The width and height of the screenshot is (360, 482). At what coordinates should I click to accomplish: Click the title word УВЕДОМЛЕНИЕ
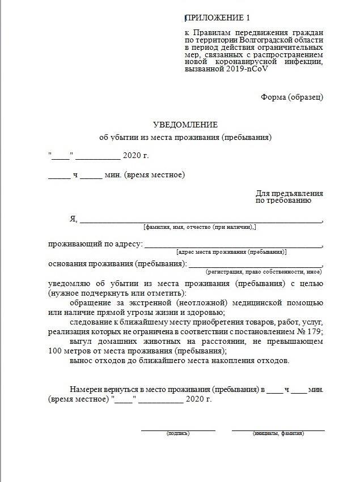(185, 125)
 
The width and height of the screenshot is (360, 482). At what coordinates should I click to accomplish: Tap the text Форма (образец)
(292, 97)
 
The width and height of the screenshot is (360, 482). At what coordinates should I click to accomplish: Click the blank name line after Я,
(201, 220)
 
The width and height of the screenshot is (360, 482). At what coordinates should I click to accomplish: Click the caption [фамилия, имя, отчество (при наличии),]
(200, 227)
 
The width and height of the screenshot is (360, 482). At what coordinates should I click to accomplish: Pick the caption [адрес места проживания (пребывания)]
(232, 252)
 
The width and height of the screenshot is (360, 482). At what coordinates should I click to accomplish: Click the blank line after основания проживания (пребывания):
(255, 265)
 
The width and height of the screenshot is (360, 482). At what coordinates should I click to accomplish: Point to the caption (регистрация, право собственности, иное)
(264, 272)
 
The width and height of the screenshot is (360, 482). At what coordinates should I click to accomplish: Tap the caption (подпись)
(178, 434)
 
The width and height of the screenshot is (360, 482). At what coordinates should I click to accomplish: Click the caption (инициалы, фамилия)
(278, 434)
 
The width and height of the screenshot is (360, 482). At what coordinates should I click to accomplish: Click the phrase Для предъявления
(289, 194)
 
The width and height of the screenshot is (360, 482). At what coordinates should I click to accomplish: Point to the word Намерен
(86, 390)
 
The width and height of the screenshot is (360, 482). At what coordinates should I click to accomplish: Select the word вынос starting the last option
(81, 360)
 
